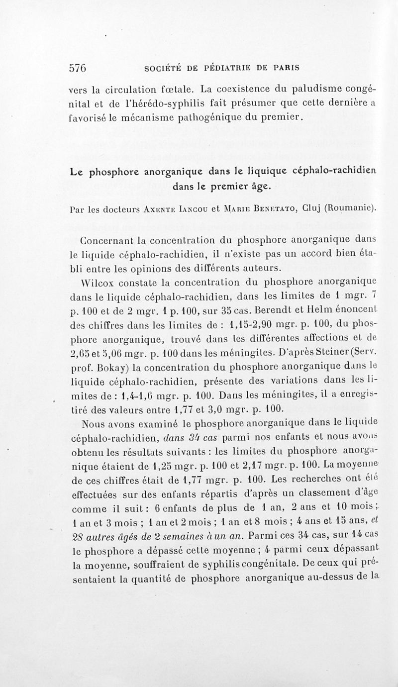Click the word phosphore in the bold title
tap(115, 173)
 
